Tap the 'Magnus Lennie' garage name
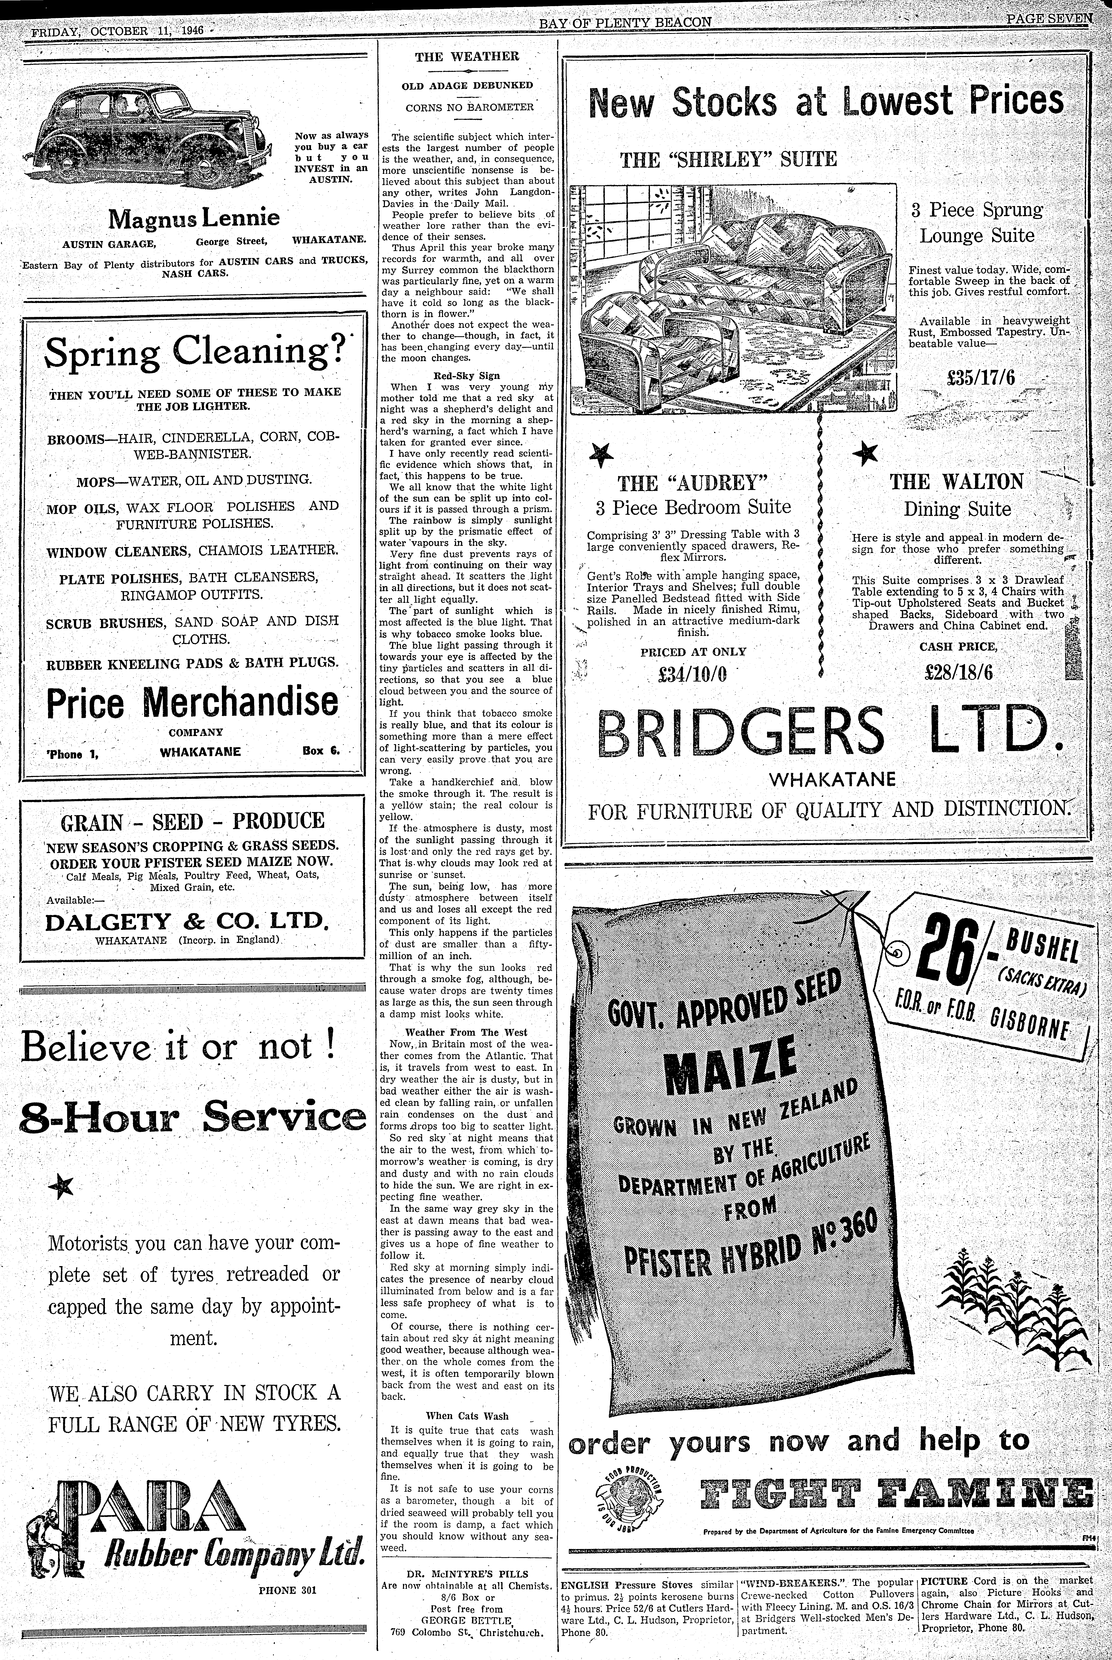tap(194, 218)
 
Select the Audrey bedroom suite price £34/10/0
tap(693, 673)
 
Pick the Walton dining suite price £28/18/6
tap(958, 671)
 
